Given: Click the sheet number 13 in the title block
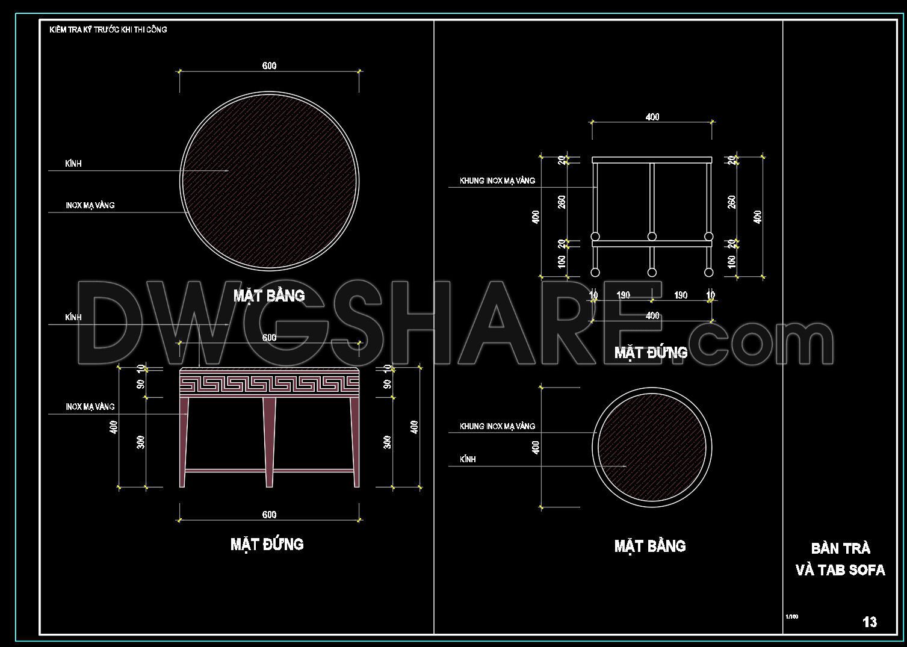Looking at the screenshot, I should point(870,622).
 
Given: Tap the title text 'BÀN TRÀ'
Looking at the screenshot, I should point(840,548).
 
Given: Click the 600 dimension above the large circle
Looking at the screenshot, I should point(269,66).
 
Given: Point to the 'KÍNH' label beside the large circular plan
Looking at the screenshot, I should point(73,164).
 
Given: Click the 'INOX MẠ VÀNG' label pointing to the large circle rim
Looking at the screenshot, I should point(90,205).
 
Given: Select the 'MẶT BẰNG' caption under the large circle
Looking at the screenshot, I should point(269,296).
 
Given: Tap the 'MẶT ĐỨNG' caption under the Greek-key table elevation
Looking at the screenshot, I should point(267,544).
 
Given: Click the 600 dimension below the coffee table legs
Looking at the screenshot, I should point(269,515).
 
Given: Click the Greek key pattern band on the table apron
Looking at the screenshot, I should point(269,383).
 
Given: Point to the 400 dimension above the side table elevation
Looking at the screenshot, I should point(652,117).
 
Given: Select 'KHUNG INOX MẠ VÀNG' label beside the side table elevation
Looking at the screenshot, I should point(497,181).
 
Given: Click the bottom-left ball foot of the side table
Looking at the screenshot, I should point(595,273).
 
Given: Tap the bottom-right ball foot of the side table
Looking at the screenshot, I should point(708,273).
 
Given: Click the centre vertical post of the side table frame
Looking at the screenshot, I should point(652,199).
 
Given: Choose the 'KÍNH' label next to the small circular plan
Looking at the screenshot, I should point(468,459).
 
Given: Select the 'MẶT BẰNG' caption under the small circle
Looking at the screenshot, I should point(650,546).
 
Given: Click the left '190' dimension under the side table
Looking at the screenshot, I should point(624,295).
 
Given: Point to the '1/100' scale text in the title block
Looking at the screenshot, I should point(791,616).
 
